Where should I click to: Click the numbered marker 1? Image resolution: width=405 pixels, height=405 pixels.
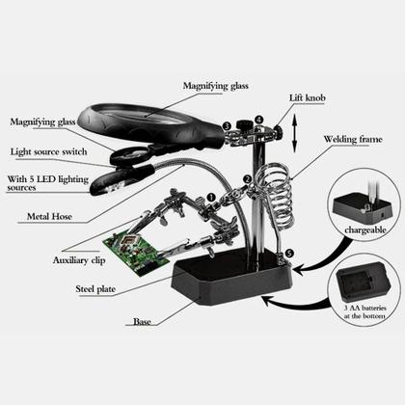tap(211, 198)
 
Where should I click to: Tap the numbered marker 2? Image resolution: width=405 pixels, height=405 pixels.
tap(247, 179)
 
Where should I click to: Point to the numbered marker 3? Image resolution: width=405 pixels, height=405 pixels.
tap(225, 125)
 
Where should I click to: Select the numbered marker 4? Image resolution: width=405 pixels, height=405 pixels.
tap(258, 120)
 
